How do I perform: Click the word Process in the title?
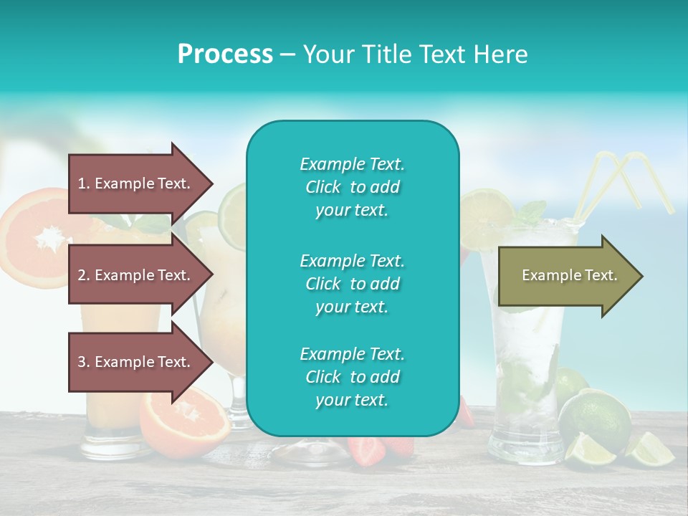click(x=225, y=54)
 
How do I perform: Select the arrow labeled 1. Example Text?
click(x=136, y=183)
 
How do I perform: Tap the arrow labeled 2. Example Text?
click(x=136, y=275)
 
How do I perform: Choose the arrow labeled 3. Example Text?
click(x=136, y=362)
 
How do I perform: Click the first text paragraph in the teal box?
click(x=352, y=187)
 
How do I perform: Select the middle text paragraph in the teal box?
click(x=352, y=284)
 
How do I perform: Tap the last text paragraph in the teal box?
click(x=352, y=377)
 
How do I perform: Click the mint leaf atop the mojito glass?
click(x=531, y=212)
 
